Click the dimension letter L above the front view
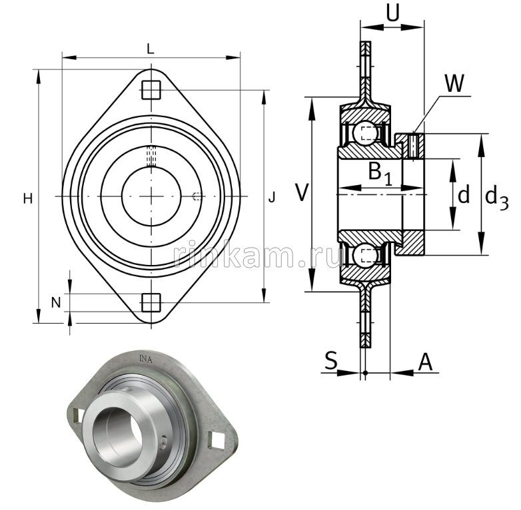click(x=151, y=48)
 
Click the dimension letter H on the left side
click(x=27, y=198)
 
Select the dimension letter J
click(x=271, y=198)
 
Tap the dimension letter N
click(x=56, y=302)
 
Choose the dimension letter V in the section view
click(x=302, y=194)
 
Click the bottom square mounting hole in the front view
click(x=151, y=302)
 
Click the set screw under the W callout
click(x=413, y=146)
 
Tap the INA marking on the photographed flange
click(x=145, y=360)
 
